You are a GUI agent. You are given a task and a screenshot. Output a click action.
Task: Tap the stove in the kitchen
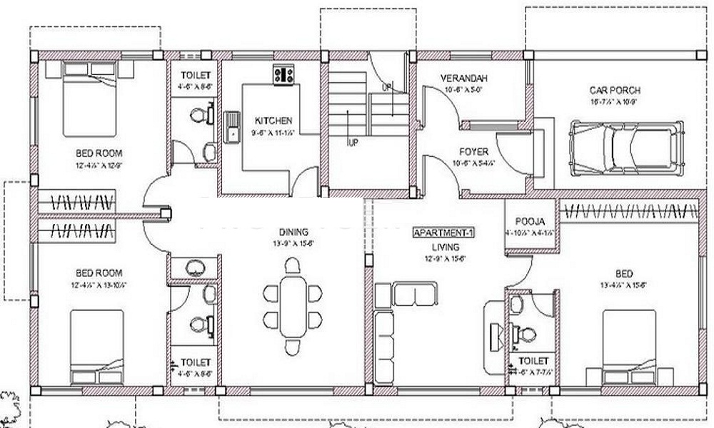[x=284, y=75]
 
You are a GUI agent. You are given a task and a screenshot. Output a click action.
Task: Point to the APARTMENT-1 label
[x=444, y=233]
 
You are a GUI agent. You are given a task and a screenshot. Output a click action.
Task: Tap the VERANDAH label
[x=461, y=78]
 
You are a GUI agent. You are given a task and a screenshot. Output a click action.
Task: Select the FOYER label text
[x=474, y=152]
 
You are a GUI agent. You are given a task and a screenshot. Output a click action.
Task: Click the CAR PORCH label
[x=615, y=91]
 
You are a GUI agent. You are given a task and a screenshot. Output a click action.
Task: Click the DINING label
[x=293, y=232]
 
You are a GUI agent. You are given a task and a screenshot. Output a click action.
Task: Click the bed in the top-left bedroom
[x=89, y=98]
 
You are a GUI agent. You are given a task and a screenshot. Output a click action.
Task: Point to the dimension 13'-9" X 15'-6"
[x=293, y=244]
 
